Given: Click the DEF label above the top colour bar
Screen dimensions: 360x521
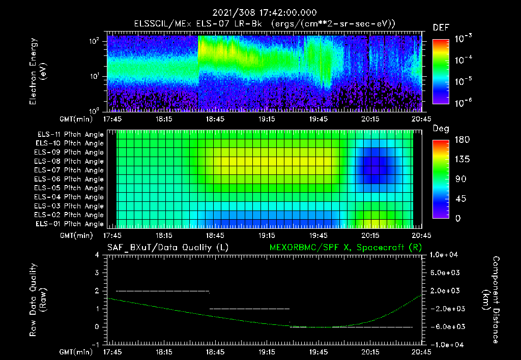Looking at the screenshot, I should [441, 27].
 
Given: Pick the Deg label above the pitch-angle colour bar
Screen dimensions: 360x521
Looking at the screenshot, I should [441, 129].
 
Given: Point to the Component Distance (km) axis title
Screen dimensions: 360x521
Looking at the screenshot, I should [491, 300].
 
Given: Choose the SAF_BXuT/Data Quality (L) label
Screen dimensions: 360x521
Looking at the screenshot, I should [167, 247].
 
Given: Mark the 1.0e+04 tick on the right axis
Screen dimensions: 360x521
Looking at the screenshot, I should [446, 255].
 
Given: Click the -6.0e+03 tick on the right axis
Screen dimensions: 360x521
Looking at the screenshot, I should [446, 326].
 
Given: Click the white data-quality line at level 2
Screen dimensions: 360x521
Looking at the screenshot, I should [163, 291].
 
